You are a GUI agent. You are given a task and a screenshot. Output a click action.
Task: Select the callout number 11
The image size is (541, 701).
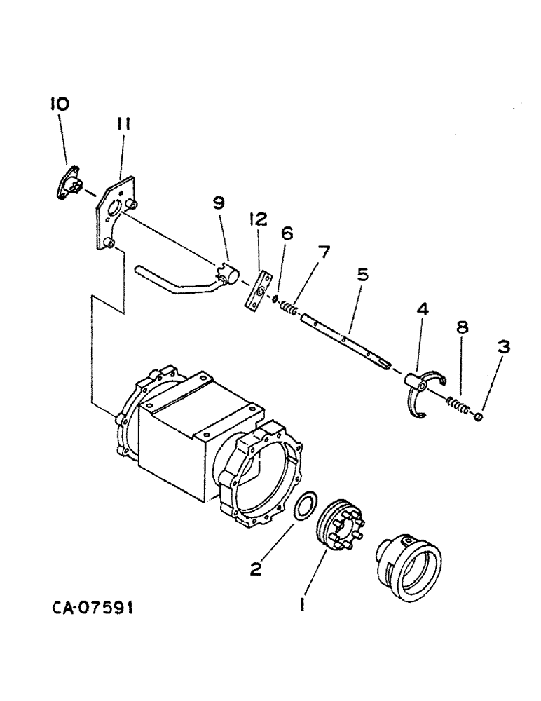[x=123, y=125]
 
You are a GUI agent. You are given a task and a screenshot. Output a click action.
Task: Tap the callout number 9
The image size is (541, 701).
[x=219, y=203]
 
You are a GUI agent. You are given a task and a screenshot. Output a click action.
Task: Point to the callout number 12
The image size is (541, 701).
[x=256, y=219]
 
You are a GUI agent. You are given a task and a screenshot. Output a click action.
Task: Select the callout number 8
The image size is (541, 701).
[x=463, y=328]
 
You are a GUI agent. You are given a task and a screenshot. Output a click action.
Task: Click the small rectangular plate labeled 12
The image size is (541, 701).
[x=259, y=289]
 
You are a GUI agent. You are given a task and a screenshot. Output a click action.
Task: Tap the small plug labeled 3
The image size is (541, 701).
[x=479, y=417]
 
